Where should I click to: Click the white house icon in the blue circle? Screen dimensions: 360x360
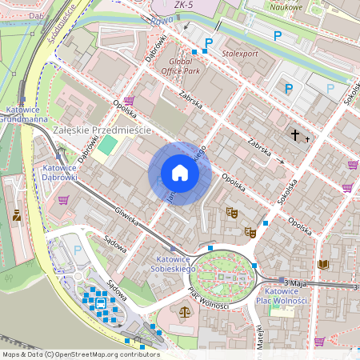[x=180, y=173]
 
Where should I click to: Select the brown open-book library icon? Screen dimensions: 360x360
[x=323, y=264]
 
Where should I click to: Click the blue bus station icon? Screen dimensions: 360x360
[x=101, y=303]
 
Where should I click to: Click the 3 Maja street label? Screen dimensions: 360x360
[x=296, y=282]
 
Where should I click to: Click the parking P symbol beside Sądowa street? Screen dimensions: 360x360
[x=78, y=250]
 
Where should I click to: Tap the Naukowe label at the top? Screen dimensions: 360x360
[x=286, y=7]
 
